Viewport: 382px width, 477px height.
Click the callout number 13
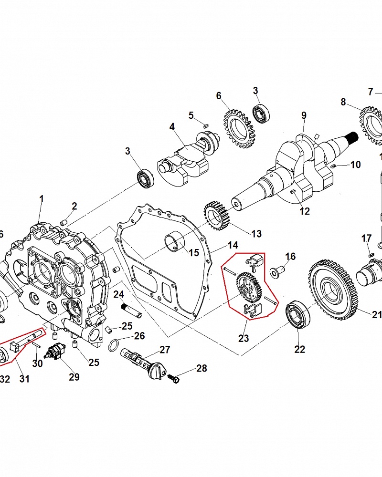256,234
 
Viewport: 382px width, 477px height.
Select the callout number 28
202,368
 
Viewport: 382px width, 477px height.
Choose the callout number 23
244,338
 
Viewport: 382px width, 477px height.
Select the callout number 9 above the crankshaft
304,115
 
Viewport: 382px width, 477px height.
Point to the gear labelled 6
237,128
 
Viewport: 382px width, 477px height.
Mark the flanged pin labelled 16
276,272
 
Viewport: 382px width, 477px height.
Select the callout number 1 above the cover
41,198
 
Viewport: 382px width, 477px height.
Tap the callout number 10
356,165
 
